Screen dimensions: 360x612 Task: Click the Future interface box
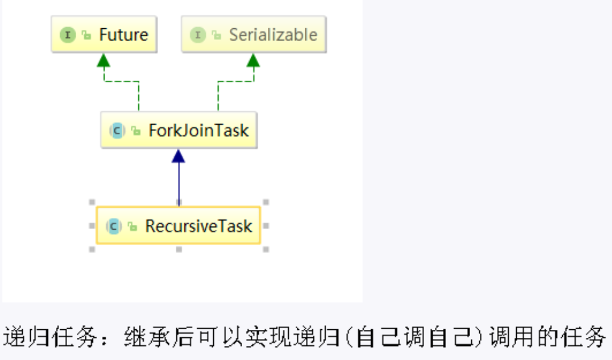[104, 34]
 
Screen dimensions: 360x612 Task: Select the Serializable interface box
[253, 34]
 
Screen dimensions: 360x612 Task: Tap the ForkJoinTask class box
[179, 130]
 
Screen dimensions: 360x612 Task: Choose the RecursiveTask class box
[179, 225]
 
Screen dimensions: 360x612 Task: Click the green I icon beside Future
[68, 35]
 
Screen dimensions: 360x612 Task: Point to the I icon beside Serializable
[198, 35]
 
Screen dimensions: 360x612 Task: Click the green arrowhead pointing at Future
[104, 60]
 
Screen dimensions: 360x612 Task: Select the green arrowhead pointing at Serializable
[253, 60]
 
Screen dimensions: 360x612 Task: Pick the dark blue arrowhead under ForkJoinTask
[178, 156]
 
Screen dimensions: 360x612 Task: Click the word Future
[124, 35]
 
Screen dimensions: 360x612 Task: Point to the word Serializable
[273, 35]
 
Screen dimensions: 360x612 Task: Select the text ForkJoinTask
[198, 130]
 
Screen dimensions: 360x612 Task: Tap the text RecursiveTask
[198, 226]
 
